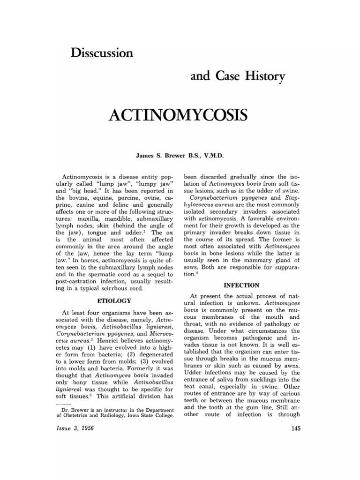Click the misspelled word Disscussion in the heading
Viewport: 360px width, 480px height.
[x=102, y=52]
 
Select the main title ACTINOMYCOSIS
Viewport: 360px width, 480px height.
[x=180, y=114]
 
